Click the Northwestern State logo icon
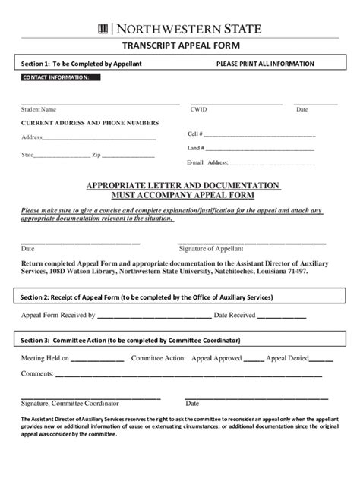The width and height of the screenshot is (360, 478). (x=103, y=29)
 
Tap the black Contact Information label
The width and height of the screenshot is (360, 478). (x=56, y=77)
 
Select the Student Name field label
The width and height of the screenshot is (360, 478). (x=38, y=109)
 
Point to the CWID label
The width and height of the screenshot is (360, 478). (x=198, y=109)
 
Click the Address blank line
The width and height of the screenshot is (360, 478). (x=99, y=139)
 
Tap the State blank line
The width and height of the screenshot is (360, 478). (x=62, y=156)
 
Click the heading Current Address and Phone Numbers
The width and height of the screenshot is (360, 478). (x=90, y=123)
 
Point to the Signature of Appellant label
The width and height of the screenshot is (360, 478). (x=211, y=248)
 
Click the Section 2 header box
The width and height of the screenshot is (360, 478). (x=180, y=297)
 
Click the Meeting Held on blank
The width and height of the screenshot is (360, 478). (x=98, y=357)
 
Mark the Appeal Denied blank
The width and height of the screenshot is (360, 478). (x=321, y=357)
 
